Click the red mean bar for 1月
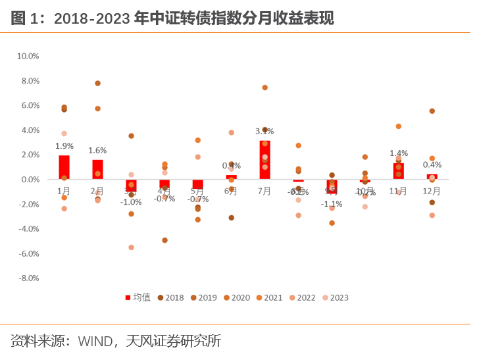[x=64, y=167]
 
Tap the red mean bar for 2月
[x=97, y=169]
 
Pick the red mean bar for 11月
[x=398, y=171]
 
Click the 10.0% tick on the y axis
[x=28, y=57]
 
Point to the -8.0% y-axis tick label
[x=28, y=278]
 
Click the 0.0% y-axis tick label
[x=30, y=180]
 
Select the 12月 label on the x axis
[x=432, y=191]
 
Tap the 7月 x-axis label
[x=264, y=191]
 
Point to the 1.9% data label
[x=64, y=146]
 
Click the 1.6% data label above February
[x=97, y=151]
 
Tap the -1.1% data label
[x=332, y=204]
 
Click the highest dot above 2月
[x=97, y=83]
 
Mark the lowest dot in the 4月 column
[x=164, y=240]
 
